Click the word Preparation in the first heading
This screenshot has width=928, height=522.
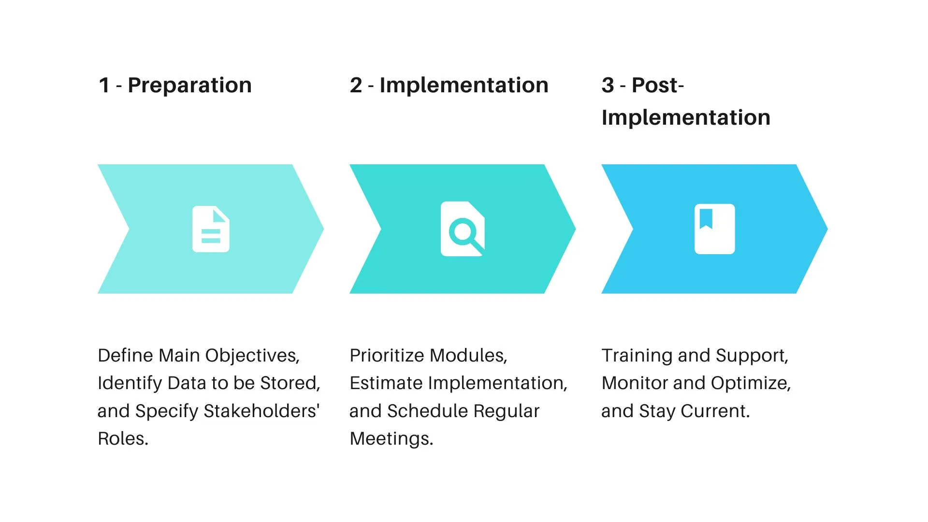(x=189, y=86)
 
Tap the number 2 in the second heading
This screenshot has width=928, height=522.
(x=356, y=86)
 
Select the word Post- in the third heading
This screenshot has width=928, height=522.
(x=657, y=86)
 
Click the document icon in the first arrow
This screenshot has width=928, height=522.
(x=211, y=229)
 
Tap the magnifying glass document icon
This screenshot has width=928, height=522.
(x=463, y=229)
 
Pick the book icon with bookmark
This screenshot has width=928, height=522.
(x=714, y=229)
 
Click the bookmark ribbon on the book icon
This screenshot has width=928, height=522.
(x=706, y=218)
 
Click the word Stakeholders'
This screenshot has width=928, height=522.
(x=261, y=411)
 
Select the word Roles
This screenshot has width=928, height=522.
(x=123, y=439)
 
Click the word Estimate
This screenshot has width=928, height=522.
(x=386, y=383)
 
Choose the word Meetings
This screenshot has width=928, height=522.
(x=391, y=439)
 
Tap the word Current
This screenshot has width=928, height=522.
(x=715, y=411)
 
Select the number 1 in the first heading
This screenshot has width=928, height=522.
(x=104, y=86)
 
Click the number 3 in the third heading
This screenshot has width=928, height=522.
(x=608, y=86)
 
